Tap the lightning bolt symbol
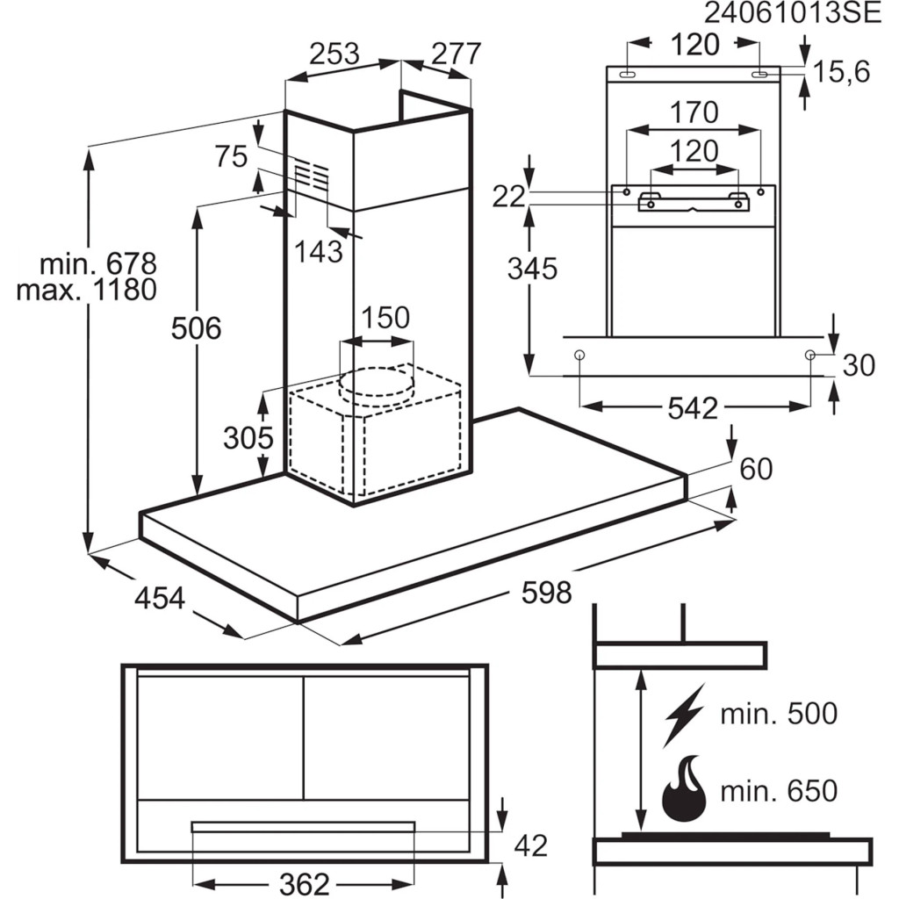685,714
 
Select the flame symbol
685,789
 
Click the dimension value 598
546,593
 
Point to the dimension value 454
160,598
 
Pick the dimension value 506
197,328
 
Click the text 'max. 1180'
86,291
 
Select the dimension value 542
693,407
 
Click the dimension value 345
532,269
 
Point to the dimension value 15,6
840,72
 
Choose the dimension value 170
694,112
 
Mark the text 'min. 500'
779,714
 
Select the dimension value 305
248,437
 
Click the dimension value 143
319,252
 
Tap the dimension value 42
529,845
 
